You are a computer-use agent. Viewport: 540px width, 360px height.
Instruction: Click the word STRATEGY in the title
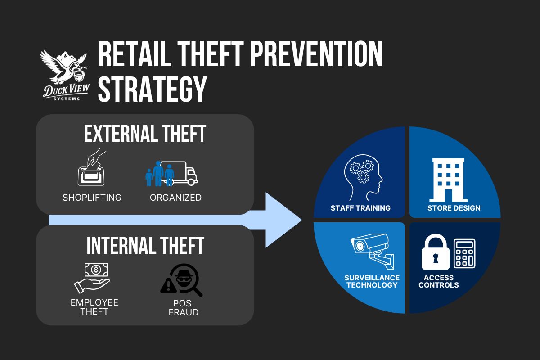pos(152,89)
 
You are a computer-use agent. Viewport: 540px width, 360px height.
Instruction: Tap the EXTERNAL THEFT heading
pos(145,134)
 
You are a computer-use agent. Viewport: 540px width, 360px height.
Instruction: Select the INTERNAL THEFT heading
pos(145,245)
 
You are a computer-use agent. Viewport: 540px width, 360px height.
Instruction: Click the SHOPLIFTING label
pos(92,198)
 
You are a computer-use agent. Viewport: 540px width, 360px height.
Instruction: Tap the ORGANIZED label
pos(175,198)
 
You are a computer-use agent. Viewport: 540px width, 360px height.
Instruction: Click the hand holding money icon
pos(92,279)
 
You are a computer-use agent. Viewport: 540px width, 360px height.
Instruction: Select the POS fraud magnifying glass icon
pos(181,279)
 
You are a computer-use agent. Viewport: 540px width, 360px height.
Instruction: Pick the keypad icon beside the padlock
pos(464,253)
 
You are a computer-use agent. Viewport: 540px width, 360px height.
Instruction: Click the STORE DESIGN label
pos(454,208)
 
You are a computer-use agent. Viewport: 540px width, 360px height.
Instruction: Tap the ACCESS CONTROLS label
pos(438,281)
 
